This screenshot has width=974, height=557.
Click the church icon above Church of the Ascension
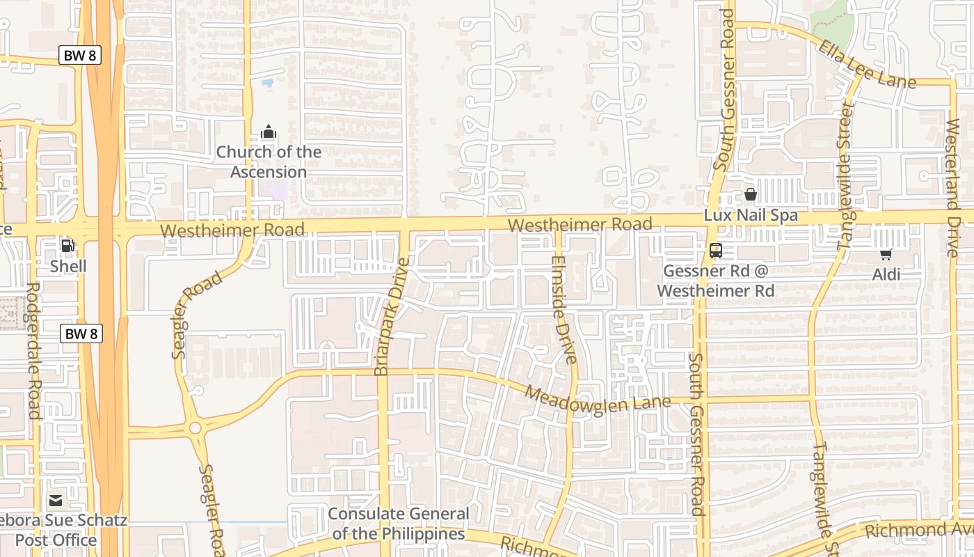tap(269, 131)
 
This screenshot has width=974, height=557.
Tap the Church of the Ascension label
tap(269, 162)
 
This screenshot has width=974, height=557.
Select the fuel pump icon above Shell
tap(68, 245)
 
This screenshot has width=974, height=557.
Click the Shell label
tap(68, 266)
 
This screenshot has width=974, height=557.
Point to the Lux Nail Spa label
tap(751, 215)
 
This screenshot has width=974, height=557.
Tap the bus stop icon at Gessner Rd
tap(715, 251)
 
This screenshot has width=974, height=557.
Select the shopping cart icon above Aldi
tap(886, 254)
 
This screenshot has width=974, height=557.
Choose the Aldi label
tap(886, 274)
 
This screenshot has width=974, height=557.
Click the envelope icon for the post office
tap(56, 500)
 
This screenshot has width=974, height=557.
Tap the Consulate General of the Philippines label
tap(398, 524)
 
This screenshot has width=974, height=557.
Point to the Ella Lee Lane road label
tap(867, 65)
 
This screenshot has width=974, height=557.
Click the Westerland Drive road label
tap(952, 188)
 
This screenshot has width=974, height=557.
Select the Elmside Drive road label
tap(562, 310)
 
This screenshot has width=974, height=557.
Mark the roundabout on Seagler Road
tap(195, 427)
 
